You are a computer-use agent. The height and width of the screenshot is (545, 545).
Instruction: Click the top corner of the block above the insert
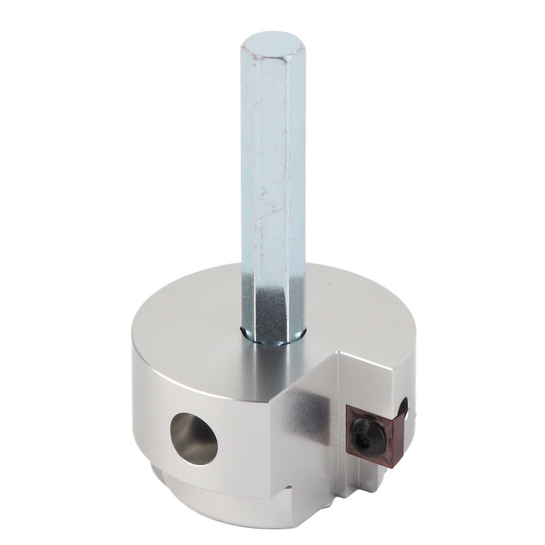click(x=339, y=355)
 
